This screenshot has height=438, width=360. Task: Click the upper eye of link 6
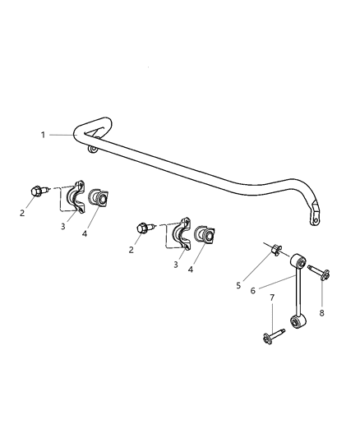point(300,263)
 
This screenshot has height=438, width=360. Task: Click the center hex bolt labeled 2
point(145,227)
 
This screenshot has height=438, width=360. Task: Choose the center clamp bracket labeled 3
point(183,237)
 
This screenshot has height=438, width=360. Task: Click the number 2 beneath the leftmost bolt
point(23,213)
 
